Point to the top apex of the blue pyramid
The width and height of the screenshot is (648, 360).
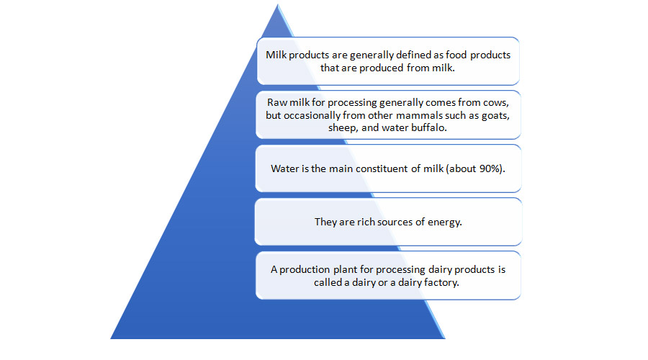pyautogui.click(x=276, y=6)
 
